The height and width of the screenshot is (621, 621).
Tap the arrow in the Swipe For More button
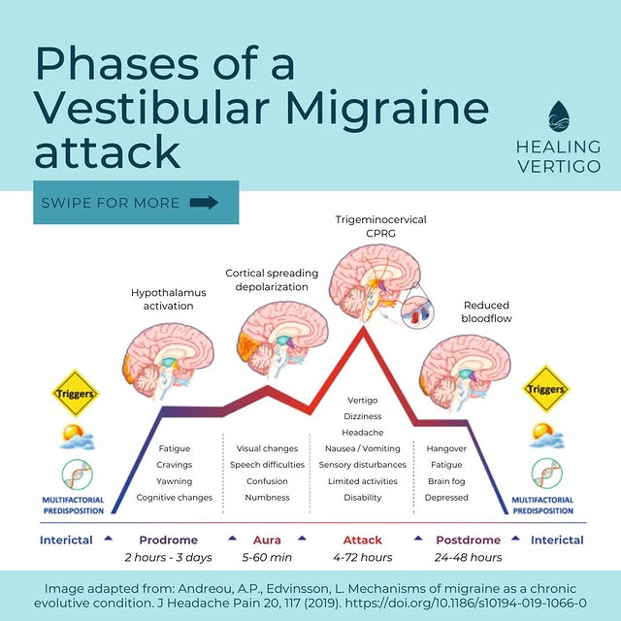click(x=205, y=203)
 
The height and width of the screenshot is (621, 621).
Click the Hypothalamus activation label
click(x=162, y=299)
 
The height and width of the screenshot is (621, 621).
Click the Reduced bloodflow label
click(x=487, y=311)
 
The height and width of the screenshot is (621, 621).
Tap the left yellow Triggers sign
click(x=74, y=393)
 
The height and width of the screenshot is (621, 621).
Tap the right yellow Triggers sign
click(x=545, y=390)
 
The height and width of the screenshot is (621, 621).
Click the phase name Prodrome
click(x=168, y=539)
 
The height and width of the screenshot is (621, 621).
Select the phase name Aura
click(x=267, y=539)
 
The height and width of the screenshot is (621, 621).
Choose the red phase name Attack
click(x=362, y=539)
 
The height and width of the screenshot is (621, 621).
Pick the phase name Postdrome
click(x=468, y=539)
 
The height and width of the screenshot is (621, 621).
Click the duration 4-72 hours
click(x=362, y=558)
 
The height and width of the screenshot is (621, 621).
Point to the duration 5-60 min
click(x=267, y=558)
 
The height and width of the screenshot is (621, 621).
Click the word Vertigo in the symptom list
click(x=362, y=400)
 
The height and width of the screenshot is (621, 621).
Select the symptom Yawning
click(x=175, y=481)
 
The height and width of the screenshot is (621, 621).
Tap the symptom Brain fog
click(x=446, y=481)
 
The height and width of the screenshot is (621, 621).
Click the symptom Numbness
click(x=267, y=497)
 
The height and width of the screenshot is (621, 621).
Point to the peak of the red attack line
click(x=364, y=330)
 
